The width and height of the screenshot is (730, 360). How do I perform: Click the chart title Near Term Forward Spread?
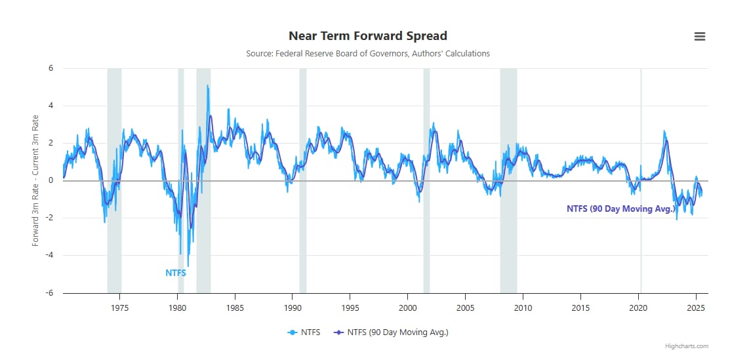[367, 35]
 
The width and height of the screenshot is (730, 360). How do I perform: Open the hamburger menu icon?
[700, 37]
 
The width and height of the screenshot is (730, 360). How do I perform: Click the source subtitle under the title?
[367, 53]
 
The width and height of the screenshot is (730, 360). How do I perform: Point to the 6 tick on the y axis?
[50, 68]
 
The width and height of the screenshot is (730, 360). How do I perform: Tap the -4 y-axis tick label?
[49, 256]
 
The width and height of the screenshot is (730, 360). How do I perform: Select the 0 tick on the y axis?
[50, 180]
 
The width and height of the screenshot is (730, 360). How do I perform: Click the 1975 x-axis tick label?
[120, 307]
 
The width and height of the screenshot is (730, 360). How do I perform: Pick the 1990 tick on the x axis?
[293, 307]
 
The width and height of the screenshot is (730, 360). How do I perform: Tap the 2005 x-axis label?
[465, 307]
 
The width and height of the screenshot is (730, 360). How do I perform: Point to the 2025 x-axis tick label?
[695, 307]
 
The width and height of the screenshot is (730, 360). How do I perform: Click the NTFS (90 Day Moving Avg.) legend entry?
[391, 332]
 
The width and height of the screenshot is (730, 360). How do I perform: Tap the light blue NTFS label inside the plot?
[176, 273]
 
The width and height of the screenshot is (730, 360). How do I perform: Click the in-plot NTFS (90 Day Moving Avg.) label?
[620, 209]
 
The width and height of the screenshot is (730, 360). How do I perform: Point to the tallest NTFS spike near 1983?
[207, 86]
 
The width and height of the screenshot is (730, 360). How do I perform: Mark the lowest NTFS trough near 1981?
[188, 265]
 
